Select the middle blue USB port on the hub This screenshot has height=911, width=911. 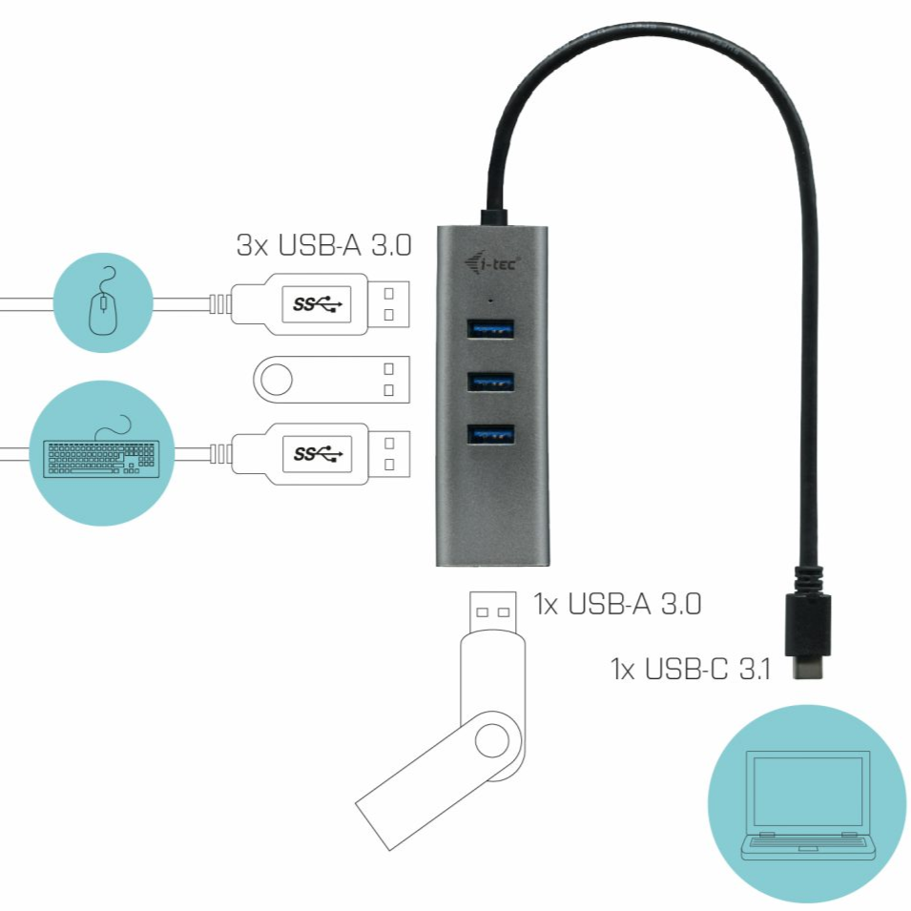point(490,383)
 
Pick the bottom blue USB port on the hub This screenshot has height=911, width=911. point(490,434)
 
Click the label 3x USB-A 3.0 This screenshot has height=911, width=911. point(323,246)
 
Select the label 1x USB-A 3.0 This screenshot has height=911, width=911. point(617,604)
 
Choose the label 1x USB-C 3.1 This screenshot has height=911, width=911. point(691,668)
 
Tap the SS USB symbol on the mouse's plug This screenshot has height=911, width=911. point(317,304)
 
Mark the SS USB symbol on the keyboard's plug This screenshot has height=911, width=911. point(317,452)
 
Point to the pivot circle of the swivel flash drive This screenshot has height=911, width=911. point(493,740)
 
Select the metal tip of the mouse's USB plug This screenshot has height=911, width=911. point(389,304)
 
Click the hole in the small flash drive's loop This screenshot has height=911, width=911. point(276,380)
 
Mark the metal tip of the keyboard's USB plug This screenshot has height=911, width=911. point(389,452)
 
